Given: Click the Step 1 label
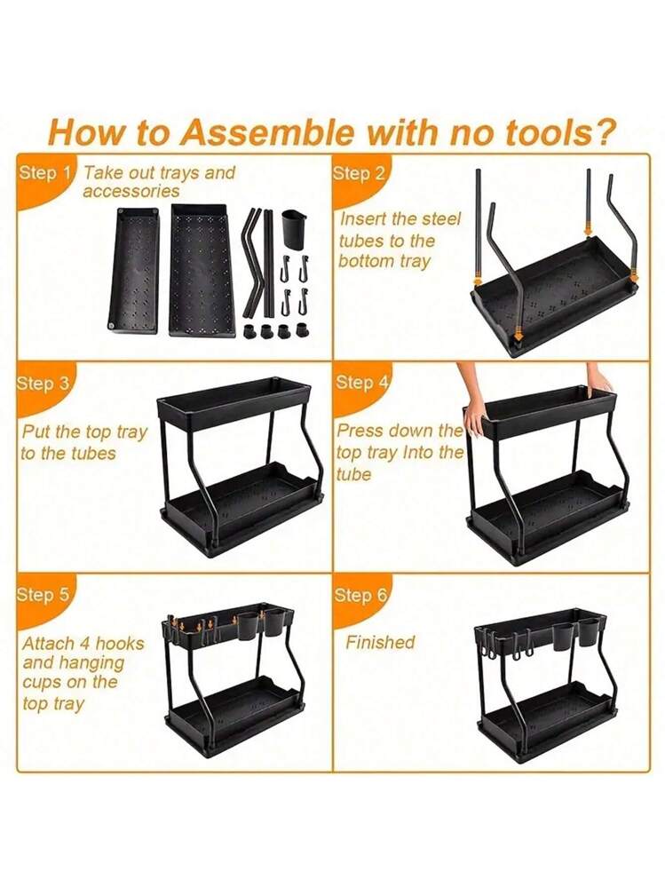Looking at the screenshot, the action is [46, 172].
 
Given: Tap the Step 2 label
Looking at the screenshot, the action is [359, 173].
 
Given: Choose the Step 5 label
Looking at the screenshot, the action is [44, 595].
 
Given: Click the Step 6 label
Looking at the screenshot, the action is [361, 595].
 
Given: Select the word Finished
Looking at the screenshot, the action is [380, 642].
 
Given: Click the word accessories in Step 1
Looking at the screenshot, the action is [131, 191].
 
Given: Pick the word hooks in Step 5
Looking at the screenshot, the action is [120, 643].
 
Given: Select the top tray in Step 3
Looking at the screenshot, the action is [233, 403].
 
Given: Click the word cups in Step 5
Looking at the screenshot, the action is [41, 683].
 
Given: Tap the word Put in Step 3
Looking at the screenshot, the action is [36, 432].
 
